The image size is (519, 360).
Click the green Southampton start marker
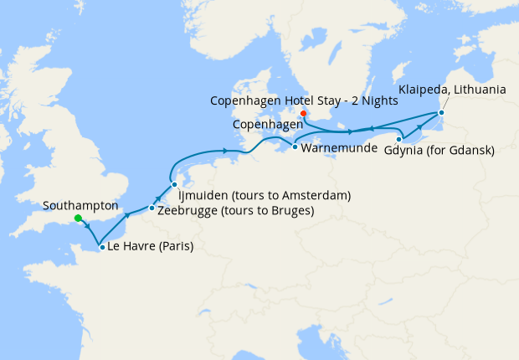[77, 219]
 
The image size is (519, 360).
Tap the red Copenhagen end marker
[303, 115]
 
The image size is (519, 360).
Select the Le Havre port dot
[101, 247]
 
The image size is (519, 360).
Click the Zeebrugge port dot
[152, 208]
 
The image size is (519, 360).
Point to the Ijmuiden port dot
[174, 184]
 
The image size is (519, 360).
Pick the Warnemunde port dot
[294, 147]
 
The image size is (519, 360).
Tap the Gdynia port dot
[399, 138]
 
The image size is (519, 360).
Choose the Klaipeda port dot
[441, 112]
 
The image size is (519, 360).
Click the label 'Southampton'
[80, 205]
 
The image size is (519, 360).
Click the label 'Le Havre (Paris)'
[151, 247]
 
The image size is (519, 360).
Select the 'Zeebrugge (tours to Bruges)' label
[235, 210]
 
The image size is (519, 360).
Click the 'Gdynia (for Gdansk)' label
[439, 151]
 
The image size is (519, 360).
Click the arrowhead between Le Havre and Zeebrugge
[128, 215]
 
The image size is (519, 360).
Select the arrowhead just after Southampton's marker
[86, 227]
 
